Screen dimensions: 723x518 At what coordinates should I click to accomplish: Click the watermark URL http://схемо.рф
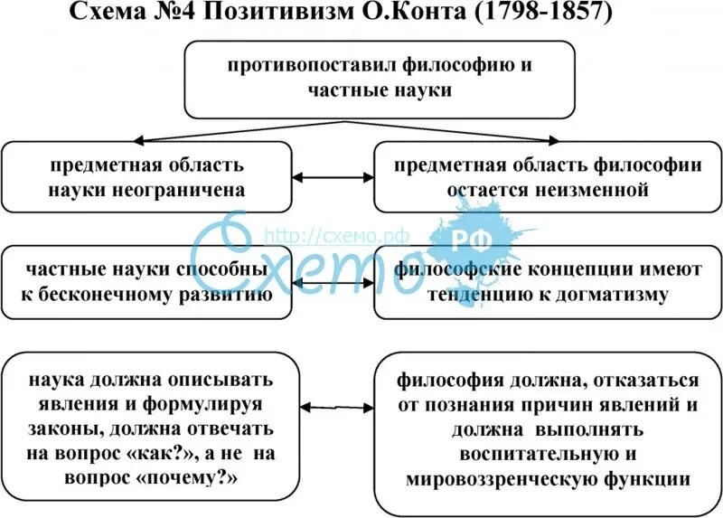[336, 234]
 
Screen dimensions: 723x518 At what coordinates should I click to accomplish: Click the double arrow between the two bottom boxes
[336, 409]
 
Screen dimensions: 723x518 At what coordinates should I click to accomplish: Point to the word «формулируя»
[207, 404]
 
